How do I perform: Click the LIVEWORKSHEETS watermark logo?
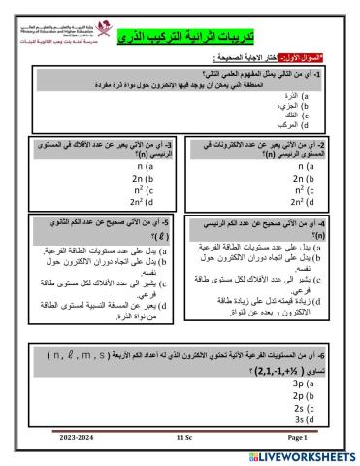click(x=300, y=455)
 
